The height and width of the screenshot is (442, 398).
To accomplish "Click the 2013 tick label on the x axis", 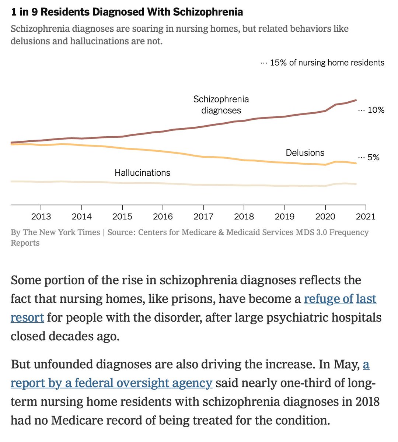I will click(41, 216).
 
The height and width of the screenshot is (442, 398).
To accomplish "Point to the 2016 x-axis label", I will click(163, 216).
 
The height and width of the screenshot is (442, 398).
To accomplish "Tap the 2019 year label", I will click(284, 216).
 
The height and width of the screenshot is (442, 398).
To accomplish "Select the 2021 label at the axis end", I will click(366, 216).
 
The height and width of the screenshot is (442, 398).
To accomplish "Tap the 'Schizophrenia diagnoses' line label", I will click(221, 105).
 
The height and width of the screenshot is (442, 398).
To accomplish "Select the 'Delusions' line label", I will click(305, 153).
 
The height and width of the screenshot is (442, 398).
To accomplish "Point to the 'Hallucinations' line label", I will click(142, 173).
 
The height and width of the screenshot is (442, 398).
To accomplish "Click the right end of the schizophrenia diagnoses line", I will click(356, 100).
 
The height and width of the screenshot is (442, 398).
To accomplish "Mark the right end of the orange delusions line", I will click(356, 163).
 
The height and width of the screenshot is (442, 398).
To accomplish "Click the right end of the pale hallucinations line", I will click(356, 184).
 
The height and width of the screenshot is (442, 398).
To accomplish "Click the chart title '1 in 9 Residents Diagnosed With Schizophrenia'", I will click(127, 12).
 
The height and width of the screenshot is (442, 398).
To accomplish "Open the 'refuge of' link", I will click(328, 299).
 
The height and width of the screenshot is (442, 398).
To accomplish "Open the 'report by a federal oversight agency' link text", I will click(111, 383).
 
